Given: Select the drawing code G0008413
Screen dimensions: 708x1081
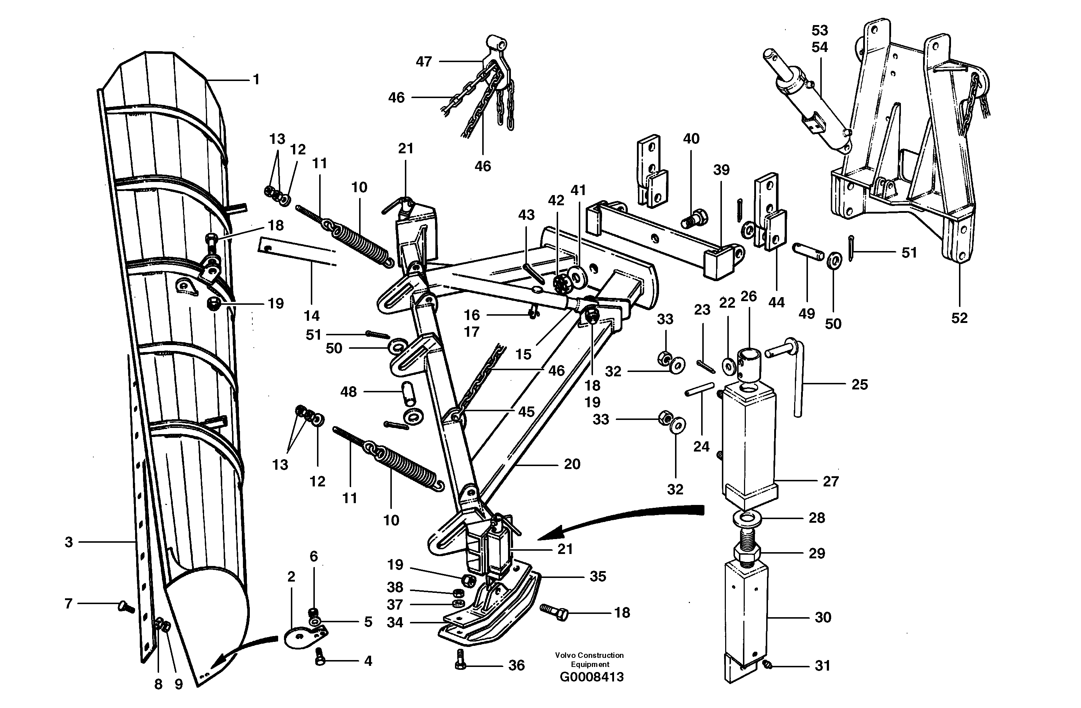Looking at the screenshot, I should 592,677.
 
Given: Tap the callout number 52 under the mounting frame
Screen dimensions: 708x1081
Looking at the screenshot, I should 959,318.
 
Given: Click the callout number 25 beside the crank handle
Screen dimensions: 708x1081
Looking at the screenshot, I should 859,384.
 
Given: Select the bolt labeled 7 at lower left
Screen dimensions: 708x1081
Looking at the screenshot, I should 126,606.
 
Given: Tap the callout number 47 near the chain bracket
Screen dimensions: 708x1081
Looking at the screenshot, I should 424,61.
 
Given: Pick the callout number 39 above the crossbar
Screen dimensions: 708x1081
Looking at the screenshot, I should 721,170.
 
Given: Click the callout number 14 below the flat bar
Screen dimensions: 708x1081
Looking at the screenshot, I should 312,316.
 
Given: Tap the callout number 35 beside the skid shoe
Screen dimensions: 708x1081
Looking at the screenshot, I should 598,576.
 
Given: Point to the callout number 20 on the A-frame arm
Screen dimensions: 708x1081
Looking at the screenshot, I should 572,464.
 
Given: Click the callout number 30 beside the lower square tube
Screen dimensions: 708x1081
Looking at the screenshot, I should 822,617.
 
